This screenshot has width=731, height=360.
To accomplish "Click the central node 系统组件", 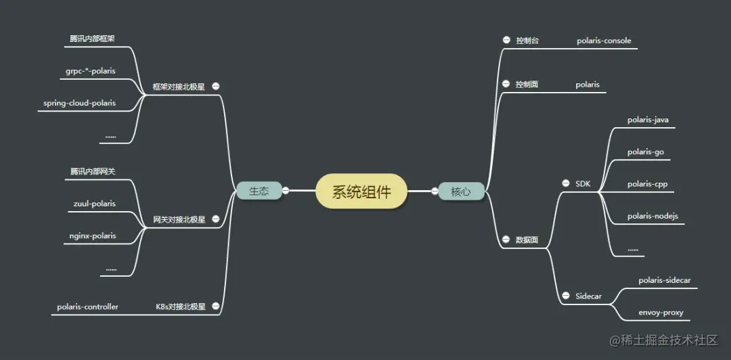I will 361,192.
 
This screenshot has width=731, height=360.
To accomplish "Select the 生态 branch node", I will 259,192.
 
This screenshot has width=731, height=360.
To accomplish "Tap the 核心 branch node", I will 460,192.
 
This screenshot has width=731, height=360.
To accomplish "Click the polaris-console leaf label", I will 604,41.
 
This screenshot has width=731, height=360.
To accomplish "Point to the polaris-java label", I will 648,120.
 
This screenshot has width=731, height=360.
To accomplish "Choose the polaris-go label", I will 645,152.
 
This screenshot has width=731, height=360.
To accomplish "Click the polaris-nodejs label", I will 652,216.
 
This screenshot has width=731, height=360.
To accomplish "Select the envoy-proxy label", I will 661,313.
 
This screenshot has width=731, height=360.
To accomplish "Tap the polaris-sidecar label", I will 664,280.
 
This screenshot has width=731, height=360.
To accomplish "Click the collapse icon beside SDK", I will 565,183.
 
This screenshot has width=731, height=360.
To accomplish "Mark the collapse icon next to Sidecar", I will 565,296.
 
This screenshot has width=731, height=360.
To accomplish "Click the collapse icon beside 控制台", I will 506,40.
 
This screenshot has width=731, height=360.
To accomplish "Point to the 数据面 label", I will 527,240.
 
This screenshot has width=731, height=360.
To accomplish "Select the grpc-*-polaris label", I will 91,70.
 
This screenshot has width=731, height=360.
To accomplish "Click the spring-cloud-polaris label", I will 79,103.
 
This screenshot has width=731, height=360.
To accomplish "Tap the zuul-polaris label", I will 94,203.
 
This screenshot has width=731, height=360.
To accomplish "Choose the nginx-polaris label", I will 93,235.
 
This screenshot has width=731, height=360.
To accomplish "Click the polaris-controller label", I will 88,307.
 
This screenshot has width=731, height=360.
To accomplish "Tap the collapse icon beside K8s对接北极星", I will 215,306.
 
